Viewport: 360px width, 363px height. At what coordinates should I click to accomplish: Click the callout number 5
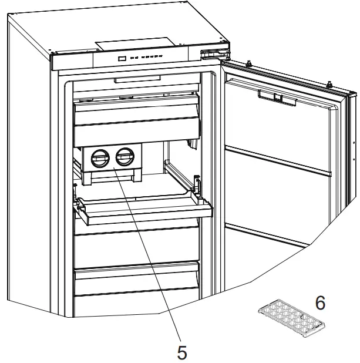point(182,352)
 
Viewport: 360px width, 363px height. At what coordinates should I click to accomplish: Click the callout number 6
point(320,303)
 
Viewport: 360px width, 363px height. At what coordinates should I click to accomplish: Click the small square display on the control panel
point(122,58)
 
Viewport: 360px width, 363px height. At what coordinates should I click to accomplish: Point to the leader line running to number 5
point(150,258)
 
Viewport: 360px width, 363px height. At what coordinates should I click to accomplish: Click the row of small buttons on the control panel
point(147,58)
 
